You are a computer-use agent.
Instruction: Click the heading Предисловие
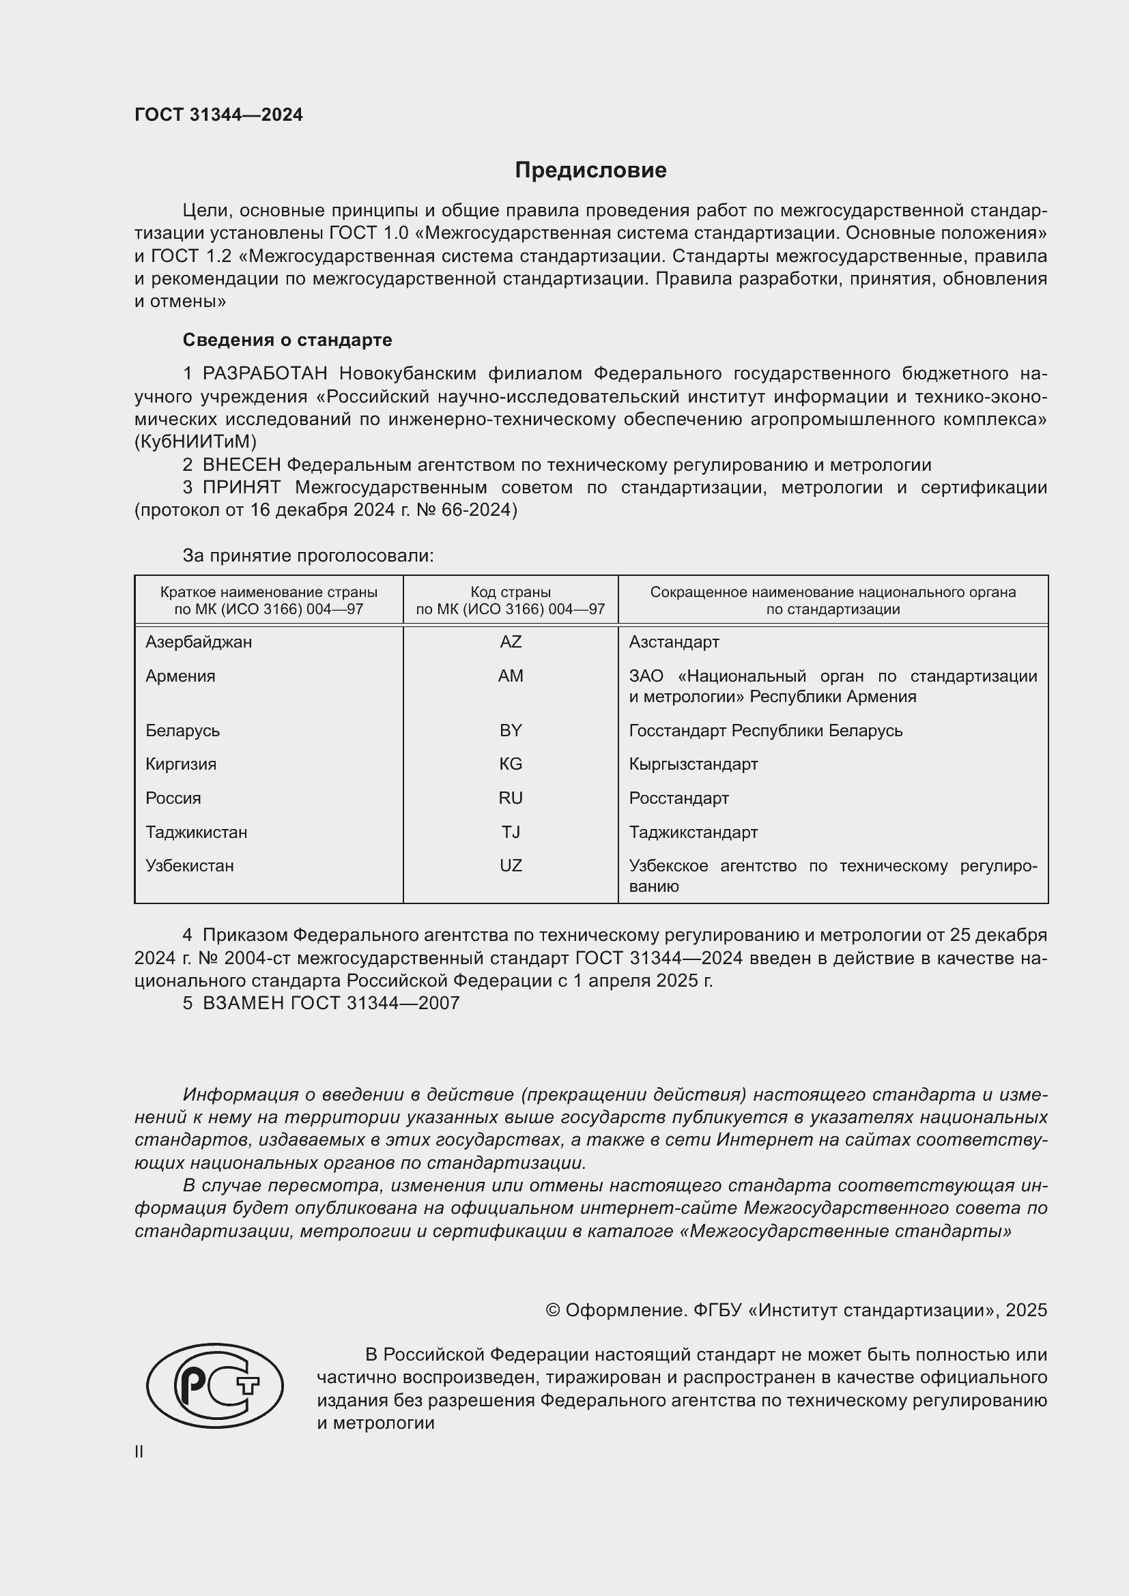590,171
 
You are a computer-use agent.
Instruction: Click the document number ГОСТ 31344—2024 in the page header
218,115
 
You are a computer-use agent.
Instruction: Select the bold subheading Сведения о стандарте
287,340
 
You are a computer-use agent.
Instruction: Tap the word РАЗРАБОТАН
265,373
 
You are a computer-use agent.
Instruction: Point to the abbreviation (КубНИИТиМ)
195,441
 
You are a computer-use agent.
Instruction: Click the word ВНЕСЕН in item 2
242,465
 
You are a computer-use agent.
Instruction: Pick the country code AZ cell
511,641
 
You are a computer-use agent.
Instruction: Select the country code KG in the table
511,764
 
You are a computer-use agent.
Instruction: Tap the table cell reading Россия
173,798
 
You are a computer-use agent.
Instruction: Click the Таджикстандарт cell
693,832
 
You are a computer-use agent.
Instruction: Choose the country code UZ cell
511,865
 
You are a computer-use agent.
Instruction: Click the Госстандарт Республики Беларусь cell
765,731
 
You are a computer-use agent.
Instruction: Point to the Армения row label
180,676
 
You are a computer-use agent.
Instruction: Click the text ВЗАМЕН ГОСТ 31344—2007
331,1002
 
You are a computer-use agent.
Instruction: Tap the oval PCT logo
215,1384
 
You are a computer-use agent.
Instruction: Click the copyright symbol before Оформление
553,1310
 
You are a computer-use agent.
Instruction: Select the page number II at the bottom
139,1451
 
